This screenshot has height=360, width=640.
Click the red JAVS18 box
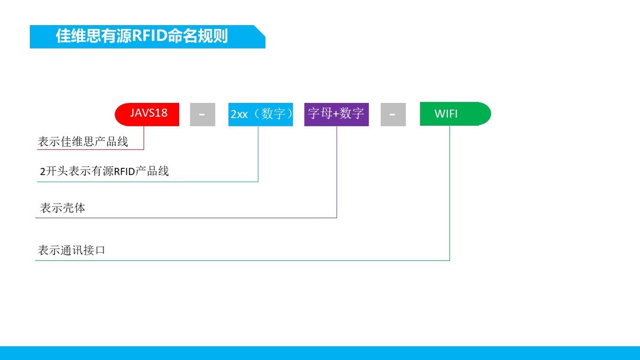click(x=147, y=114)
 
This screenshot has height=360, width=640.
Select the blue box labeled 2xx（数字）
click(x=261, y=114)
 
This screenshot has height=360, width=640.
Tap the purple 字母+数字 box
click(x=337, y=114)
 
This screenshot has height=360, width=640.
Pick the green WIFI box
click(x=455, y=114)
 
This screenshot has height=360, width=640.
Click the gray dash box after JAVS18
click(x=203, y=114)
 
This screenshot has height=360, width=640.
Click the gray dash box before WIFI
click(x=393, y=114)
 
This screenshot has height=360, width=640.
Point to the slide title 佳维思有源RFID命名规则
click(x=142, y=36)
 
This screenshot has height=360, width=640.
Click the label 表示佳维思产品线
click(x=83, y=141)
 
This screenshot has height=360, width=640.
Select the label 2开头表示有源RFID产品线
click(x=105, y=171)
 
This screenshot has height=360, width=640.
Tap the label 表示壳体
click(x=62, y=207)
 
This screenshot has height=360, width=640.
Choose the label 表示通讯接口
click(x=71, y=250)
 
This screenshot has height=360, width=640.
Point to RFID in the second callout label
click(x=124, y=171)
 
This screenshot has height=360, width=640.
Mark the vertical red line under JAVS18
click(x=143, y=138)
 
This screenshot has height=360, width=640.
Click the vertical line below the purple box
click(x=337, y=172)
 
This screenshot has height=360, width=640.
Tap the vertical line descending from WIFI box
click(x=450, y=193)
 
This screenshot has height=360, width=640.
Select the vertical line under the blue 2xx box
click(x=258, y=154)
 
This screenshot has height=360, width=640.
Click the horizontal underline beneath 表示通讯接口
click(x=242, y=260)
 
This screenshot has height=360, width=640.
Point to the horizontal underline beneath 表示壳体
click(x=186, y=218)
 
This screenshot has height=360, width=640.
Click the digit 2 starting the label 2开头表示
click(x=43, y=171)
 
